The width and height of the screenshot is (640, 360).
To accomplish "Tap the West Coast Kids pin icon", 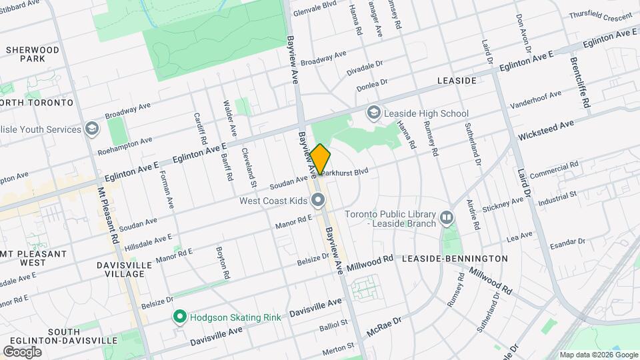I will (319, 200).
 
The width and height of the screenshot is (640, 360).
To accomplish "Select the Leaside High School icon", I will (374, 113).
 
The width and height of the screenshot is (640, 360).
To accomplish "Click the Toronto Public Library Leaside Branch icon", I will (447, 217).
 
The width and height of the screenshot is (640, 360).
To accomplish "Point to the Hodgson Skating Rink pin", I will (179, 317).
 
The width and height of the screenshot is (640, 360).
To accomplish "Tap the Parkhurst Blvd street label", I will (345, 171).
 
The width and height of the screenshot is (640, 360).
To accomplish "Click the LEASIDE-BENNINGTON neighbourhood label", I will (455, 258).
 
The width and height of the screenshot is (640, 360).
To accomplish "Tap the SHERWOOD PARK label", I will (31, 54).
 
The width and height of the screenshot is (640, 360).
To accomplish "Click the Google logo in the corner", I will (22, 351).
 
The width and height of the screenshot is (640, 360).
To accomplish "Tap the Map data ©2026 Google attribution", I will (599, 355).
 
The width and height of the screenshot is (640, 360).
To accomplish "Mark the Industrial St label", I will (557, 196).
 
